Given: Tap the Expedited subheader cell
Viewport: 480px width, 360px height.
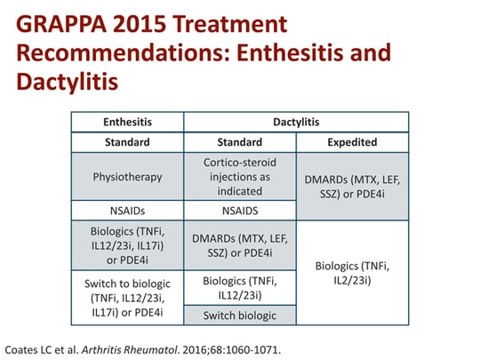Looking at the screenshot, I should [351, 141].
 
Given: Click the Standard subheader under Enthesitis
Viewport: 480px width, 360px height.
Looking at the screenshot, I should [127, 141].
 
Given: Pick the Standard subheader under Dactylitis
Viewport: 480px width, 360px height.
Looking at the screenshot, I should [239, 141].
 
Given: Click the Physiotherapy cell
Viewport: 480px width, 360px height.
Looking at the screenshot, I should [127, 176].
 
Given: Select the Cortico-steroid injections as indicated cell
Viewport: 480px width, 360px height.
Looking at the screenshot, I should [239, 176].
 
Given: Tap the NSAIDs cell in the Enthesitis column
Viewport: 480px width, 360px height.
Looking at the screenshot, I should [127, 211].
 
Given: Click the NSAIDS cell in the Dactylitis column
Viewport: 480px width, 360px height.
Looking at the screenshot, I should [239, 211].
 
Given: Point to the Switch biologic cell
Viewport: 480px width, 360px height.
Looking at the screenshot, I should [239, 315].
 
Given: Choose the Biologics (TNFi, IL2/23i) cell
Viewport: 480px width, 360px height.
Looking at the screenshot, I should [351, 272].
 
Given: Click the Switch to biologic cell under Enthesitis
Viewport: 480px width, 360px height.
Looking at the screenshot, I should [127, 297].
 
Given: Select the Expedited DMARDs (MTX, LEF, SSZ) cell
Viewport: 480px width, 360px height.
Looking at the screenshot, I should [351, 186].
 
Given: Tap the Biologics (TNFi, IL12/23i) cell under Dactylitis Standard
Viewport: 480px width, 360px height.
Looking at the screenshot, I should [239, 287].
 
